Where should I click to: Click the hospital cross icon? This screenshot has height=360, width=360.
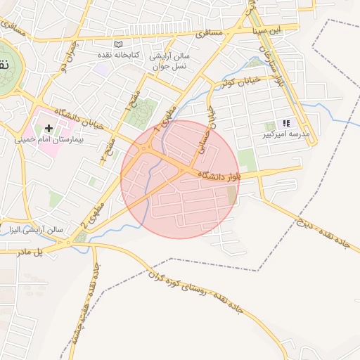[49, 128]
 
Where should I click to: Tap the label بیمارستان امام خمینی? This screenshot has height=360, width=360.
[49, 140]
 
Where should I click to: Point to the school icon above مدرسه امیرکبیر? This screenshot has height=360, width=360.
[286, 122]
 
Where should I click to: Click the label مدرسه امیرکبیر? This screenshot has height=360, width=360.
[286, 133]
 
